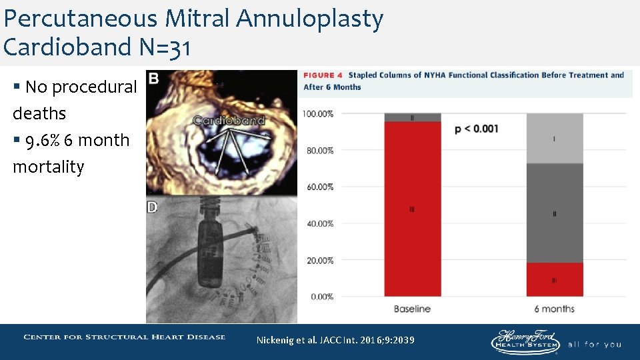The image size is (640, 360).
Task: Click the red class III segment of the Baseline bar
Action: (412, 209)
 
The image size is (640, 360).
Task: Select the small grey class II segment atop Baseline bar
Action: (412, 117)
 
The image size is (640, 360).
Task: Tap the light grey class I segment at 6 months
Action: (555, 139)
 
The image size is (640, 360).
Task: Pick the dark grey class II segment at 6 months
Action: (555, 213)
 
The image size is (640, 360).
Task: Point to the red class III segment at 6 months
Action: (555, 280)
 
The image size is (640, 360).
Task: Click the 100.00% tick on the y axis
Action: (318, 114)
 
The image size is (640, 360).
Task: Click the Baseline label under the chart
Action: (412, 309)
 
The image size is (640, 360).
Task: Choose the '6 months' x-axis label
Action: (555, 309)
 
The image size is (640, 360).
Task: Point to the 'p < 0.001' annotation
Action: (476, 129)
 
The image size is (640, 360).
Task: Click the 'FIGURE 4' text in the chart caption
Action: (323, 75)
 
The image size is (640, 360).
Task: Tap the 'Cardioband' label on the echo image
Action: (229, 121)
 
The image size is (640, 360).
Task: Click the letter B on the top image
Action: (153, 79)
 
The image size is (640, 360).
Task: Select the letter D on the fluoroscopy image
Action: (153, 207)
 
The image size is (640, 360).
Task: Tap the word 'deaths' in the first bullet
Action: (39, 113)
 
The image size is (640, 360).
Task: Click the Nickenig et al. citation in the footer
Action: (335, 340)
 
